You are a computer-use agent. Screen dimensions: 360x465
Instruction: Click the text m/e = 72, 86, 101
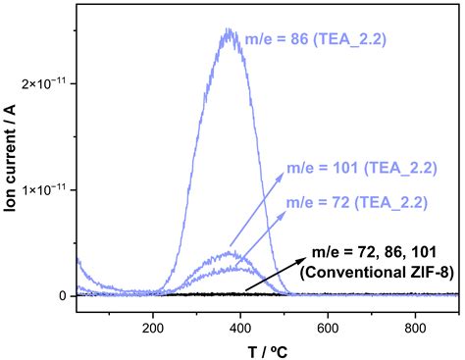(x=374, y=254)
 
